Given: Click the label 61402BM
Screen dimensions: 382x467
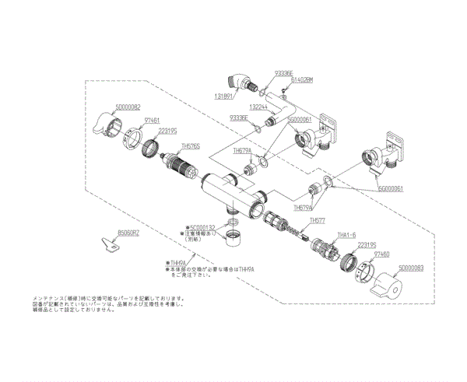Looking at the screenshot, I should click(300, 80).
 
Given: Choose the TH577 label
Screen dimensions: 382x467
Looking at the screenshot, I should click(318, 221).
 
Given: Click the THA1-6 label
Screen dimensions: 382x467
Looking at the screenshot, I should click(345, 234).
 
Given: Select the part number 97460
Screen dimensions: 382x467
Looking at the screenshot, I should click(381, 254).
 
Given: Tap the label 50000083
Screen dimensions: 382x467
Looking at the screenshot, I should click(412, 268).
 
